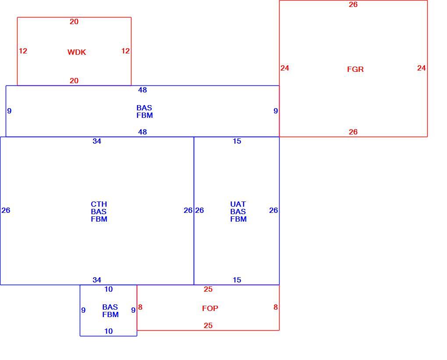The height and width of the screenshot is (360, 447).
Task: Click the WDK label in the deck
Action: [77, 52]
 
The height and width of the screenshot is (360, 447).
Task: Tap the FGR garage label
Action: [355, 69]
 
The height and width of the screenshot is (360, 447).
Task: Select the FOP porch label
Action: [210, 308]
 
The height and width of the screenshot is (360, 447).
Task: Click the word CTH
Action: [99, 204]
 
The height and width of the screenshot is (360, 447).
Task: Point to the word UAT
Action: [238, 204]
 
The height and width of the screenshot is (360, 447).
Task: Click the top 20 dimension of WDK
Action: [74, 21]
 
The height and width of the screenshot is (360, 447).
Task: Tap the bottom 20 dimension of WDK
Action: [74, 81]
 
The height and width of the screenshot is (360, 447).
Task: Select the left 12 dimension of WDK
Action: [23, 51]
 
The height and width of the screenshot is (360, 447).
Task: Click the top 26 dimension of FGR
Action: [353, 4]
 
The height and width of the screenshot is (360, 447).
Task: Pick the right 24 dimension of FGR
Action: [421, 68]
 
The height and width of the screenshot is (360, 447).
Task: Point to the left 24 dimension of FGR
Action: [285, 68]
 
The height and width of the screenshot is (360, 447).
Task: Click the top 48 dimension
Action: [142, 90]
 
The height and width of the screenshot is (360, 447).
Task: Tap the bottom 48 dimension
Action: [142, 132]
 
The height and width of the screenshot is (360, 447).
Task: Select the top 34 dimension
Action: [97, 141]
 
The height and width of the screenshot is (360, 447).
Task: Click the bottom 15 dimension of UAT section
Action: [237, 280]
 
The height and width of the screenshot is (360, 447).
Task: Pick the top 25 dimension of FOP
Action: [208, 289]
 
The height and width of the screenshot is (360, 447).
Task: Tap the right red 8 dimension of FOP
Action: [276, 307]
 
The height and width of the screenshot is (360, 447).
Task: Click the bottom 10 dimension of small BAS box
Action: [109, 331]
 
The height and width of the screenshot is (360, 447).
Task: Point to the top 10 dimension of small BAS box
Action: [109, 289]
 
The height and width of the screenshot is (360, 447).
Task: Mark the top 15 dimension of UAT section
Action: [237, 141]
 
